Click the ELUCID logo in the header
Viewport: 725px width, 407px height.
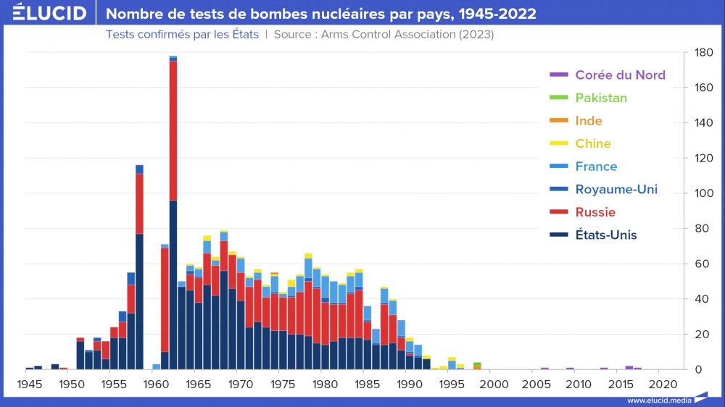[49, 13]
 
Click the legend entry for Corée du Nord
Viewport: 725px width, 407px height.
[620, 75]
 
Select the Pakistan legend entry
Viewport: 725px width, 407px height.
[601, 98]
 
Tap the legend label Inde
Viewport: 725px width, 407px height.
[589, 121]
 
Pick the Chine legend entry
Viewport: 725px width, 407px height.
[593, 143]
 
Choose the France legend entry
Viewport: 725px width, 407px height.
[596, 167]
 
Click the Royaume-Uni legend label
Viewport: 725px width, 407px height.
[616, 189]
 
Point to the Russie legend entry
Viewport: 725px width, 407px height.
[595, 212]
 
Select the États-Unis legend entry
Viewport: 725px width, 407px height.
[606, 235]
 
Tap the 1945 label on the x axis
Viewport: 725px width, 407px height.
[29, 383]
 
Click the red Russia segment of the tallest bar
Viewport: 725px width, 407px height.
[173, 130]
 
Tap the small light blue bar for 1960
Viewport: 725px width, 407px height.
[156, 366]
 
